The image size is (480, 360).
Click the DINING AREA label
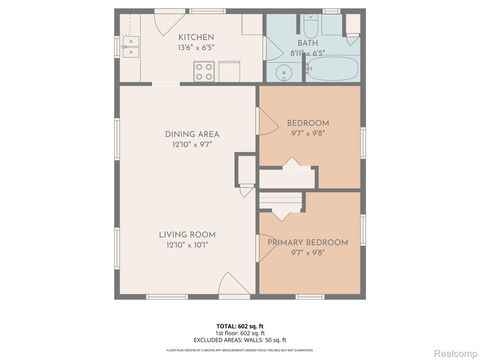point(192,133)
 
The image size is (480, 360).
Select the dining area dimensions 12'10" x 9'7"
point(192,144)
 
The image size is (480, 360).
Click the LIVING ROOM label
point(187,234)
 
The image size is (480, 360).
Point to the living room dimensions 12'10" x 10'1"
point(187,245)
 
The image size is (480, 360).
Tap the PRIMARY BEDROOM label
point(307,242)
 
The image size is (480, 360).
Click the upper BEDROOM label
point(307,123)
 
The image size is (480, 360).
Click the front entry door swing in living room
point(231,286)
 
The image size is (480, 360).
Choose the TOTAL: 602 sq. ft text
point(239,326)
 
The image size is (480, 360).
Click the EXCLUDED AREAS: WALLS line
point(239,340)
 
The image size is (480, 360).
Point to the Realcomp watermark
point(447,350)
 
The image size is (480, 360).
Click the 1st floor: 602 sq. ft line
point(239,333)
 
